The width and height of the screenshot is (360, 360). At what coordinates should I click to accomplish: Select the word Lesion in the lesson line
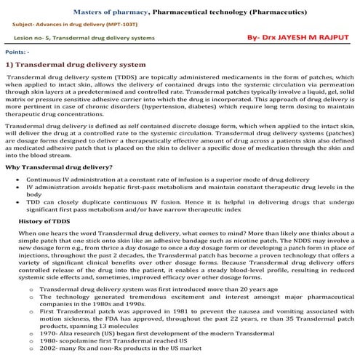(x=24, y=36)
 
